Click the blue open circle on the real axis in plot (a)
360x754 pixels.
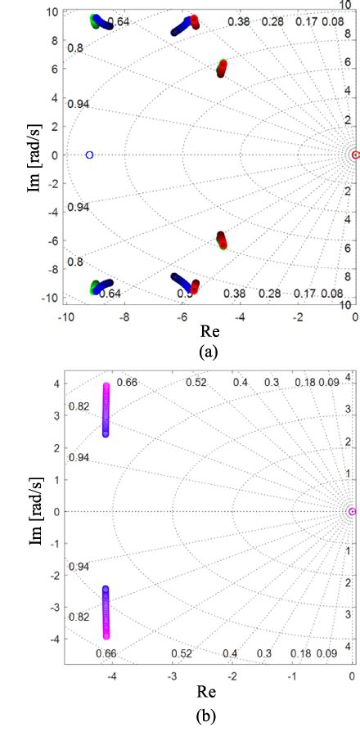pos(89,155)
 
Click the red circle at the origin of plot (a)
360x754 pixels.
pos(354,155)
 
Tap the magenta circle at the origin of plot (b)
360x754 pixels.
pos(352,512)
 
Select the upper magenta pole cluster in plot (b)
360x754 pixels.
pos(106,409)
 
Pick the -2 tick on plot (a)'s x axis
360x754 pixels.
pos(298,316)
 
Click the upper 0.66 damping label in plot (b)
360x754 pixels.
pos(127,382)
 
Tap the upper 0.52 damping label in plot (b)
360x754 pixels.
pos(196,382)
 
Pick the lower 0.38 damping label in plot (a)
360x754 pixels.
pos(235,294)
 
